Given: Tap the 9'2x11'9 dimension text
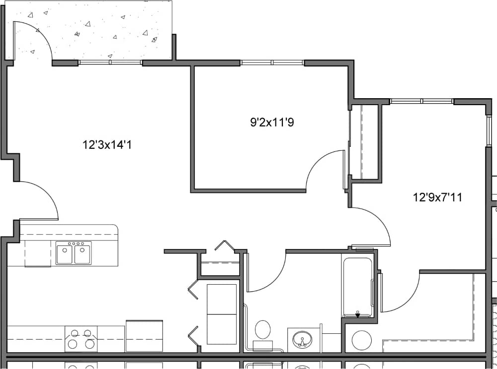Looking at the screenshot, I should [x=272, y=122].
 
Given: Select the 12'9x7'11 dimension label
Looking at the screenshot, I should [x=437, y=197].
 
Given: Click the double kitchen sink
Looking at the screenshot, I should [x=74, y=253].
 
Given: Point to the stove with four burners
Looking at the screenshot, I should [x=81, y=338].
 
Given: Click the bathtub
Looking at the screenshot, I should [x=357, y=287].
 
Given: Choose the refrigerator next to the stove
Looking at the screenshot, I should [x=144, y=336].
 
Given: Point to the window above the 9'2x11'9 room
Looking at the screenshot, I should [x=272, y=63].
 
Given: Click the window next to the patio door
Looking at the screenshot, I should [x=110, y=62].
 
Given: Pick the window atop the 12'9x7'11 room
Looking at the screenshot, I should [x=421, y=101].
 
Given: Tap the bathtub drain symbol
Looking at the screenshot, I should [x=357, y=314].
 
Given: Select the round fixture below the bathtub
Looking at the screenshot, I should [x=361, y=340].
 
